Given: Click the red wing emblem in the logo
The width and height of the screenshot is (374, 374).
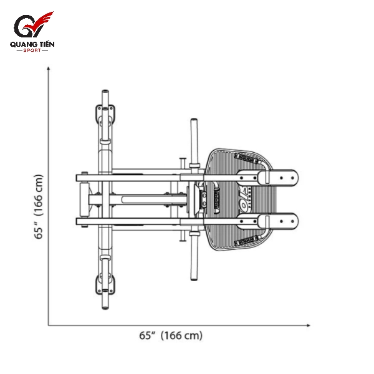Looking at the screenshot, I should pyautogui.click(x=44, y=24).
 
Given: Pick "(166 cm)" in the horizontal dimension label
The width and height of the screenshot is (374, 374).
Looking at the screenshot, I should pyautogui.click(x=181, y=336).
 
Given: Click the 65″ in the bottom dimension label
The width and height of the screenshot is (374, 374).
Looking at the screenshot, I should pyautogui.click(x=147, y=336).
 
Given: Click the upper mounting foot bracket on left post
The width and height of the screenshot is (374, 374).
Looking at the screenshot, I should pyautogui.click(x=105, y=115).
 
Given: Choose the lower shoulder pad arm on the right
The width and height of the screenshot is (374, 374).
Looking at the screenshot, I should pyautogui.click(x=280, y=221).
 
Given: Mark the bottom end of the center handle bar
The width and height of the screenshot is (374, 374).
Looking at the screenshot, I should pyautogui.click(x=193, y=276).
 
